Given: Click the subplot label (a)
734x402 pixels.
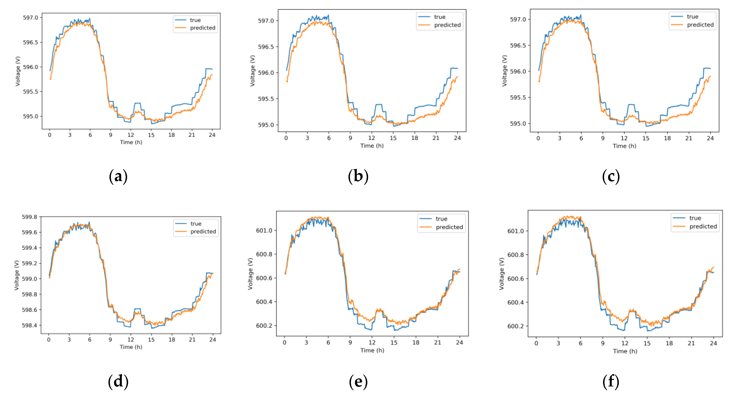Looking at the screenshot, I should (x=118, y=176).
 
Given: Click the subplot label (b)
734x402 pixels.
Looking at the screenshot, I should (x=358, y=176).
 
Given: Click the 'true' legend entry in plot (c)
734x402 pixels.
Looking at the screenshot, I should (x=692, y=17).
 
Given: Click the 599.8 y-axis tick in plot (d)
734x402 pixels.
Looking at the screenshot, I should (x=30, y=217).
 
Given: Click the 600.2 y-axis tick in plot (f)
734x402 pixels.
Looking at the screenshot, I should (x=515, y=326).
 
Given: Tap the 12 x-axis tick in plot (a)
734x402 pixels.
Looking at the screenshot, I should (x=131, y=135).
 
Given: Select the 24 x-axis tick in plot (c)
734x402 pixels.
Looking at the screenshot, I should (x=710, y=138).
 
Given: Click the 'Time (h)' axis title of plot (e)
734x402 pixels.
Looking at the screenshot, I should (x=372, y=350).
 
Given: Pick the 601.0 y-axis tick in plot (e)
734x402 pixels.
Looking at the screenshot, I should (x=264, y=230).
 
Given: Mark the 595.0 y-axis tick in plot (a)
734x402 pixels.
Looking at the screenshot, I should (x=31, y=117).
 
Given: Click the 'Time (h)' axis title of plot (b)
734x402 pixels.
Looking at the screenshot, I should (x=372, y=146).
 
